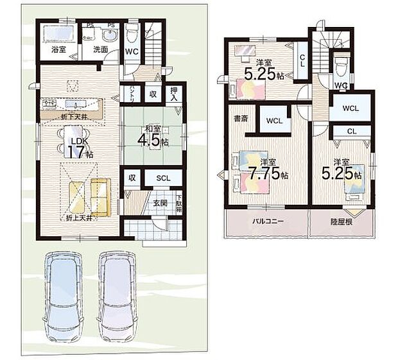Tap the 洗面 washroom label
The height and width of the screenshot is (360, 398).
(x=99, y=49)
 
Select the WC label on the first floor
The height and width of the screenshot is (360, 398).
(x=132, y=51)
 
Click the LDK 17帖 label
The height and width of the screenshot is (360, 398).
(x=80, y=147)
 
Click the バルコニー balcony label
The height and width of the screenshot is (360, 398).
(x=266, y=221)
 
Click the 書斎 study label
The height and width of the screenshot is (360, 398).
(x=241, y=119)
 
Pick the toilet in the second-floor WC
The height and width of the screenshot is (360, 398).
(x=341, y=65)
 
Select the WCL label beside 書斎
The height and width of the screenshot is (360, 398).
(x=275, y=120)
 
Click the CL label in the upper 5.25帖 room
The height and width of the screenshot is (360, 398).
(x=302, y=63)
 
